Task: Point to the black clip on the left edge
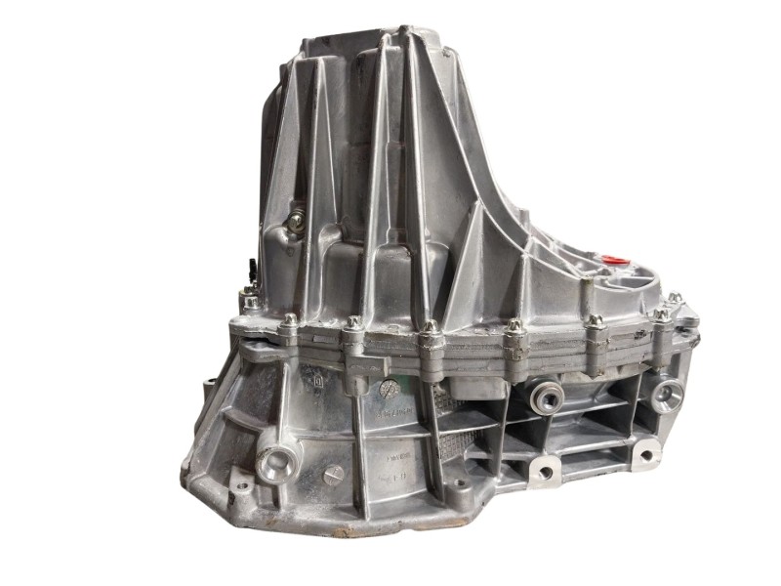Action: coord(252,265)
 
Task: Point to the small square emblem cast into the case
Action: coord(319,372)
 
